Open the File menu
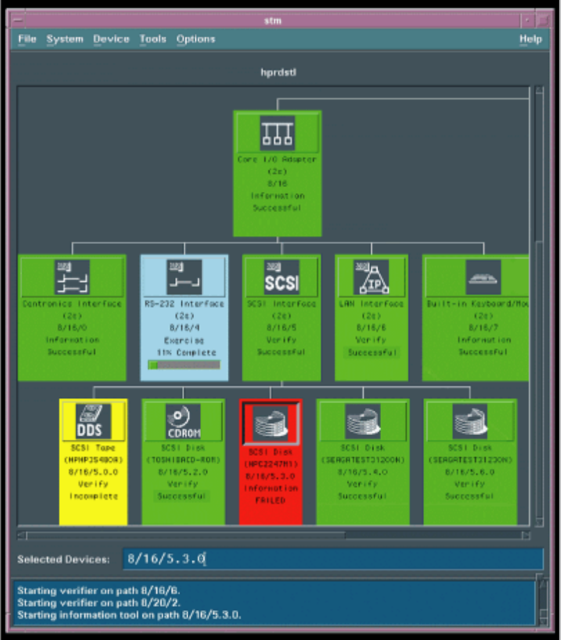point(26,39)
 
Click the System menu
point(65,39)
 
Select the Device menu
point(111,39)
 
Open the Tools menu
point(153,39)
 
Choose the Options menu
point(195,39)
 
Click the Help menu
point(530,39)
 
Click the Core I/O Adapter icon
point(277,133)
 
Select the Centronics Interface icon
point(72,277)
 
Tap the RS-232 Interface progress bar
point(184,365)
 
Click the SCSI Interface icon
point(282,277)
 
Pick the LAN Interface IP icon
point(371,277)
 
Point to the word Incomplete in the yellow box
point(93,496)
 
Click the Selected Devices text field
point(332,559)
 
